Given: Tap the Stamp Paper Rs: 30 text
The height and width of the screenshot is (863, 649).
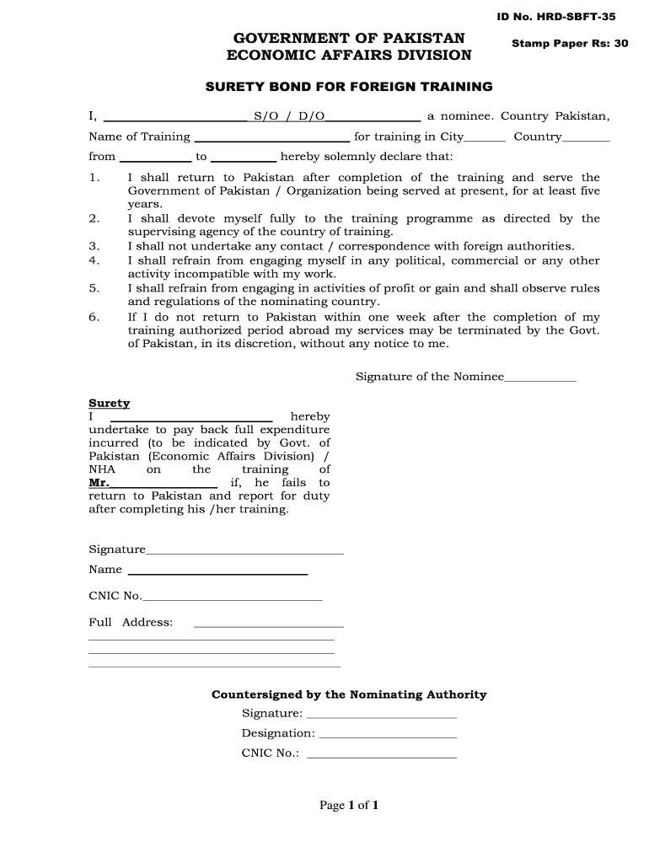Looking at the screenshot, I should click(x=570, y=43).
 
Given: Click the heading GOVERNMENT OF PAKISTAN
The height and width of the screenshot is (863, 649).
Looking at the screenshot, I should click(x=349, y=38).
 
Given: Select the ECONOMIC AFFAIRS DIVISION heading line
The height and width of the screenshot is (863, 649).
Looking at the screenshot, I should click(x=349, y=56).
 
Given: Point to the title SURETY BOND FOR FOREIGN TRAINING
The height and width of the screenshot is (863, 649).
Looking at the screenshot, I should click(x=349, y=87).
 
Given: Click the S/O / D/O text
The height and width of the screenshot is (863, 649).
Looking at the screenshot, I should click(x=289, y=116).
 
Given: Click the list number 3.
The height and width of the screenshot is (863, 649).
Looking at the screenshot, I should click(x=94, y=246).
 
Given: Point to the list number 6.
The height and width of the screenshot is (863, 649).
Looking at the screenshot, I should click(x=94, y=317).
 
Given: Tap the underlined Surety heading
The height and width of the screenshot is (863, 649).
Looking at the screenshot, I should click(x=110, y=404).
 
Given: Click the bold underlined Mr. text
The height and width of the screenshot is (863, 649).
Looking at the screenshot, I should click(x=99, y=483).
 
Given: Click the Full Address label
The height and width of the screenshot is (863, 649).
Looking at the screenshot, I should click(x=131, y=623).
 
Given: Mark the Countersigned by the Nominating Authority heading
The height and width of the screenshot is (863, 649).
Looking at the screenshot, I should click(x=349, y=694).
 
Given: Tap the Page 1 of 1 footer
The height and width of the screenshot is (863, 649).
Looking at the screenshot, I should click(x=349, y=806).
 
